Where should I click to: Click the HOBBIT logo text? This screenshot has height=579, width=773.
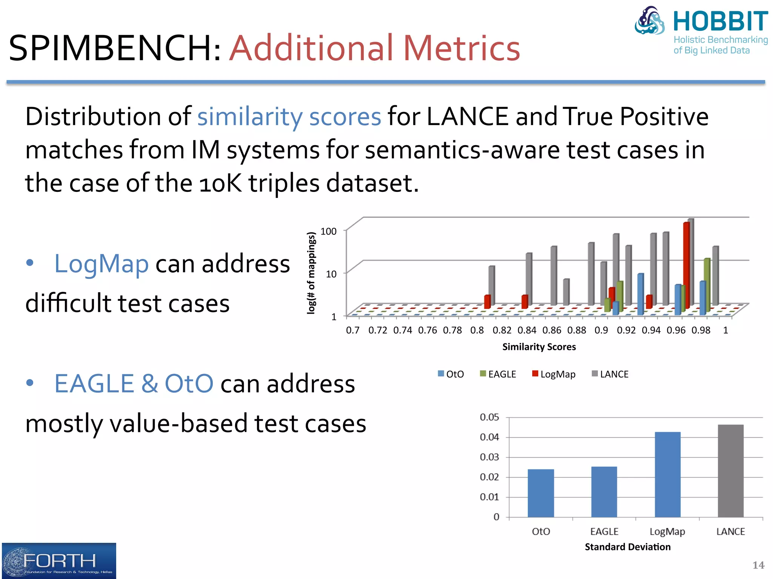tap(720, 21)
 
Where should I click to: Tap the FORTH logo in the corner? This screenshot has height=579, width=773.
tap(59, 561)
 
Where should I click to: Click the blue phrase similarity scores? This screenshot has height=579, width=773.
tap(289, 116)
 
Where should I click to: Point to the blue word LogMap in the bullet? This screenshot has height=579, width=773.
tap(102, 263)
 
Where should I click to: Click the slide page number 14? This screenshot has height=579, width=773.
tap(758, 565)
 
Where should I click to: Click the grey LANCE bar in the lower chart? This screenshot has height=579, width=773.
tap(730, 471)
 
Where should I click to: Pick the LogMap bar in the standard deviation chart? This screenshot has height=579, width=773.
tap(667, 475)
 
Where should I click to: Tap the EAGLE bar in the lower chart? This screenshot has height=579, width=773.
tap(604, 492)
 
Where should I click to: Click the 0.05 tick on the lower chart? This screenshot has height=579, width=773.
tap(489, 417)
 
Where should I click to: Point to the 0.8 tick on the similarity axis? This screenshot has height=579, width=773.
tap(477, 331)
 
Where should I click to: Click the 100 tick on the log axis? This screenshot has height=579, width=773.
tap(328, 231)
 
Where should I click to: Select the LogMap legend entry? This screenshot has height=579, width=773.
tap(554, 374)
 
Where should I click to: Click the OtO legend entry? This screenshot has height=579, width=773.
tap(451, 374)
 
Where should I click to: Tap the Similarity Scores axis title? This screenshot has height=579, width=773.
tap(539, 347)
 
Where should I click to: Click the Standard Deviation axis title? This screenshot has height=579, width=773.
tap(627, 547)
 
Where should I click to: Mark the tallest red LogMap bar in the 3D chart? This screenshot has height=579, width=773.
tap(686, 264)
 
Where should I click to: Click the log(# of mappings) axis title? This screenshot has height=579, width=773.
tap(311, 273)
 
